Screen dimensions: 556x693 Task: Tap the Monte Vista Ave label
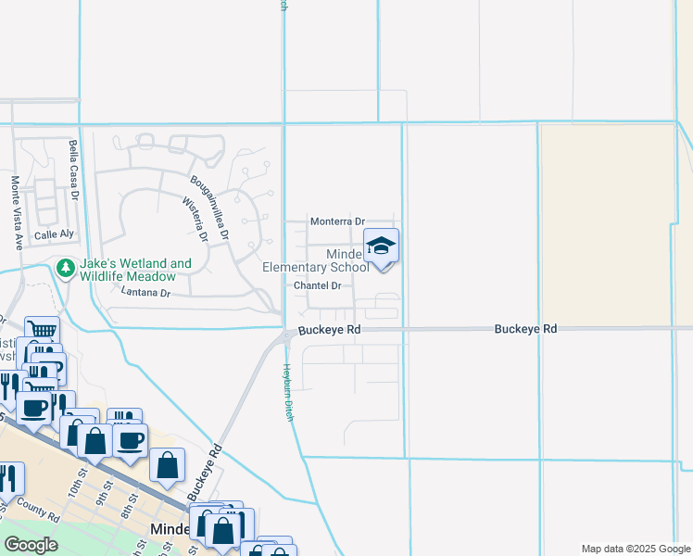coord(16,213)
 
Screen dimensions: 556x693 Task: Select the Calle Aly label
coord(52,235)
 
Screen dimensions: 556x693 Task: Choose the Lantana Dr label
coord(146,292)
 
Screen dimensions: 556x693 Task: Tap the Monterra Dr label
coord(337,221)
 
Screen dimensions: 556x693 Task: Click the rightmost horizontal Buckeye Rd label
coord(525,329)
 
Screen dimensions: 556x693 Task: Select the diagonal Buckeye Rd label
coord(205,473)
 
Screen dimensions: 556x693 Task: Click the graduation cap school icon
coord(381,246)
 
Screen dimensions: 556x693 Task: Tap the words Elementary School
coord(315,268)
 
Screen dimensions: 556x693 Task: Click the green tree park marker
coord(65,269)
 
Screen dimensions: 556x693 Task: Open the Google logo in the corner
coord(31,545)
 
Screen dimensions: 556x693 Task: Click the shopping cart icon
coord(42,331)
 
